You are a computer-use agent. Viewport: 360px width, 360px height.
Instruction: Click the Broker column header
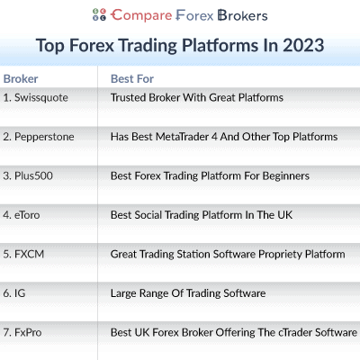point(21,78)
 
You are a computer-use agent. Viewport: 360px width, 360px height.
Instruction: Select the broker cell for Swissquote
point(36,97)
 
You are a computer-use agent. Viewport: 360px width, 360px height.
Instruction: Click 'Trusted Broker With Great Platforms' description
point(196,97)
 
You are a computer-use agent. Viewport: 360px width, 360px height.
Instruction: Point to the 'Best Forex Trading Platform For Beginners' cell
point(209,175)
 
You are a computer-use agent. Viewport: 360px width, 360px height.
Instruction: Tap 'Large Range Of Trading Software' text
point(187,293)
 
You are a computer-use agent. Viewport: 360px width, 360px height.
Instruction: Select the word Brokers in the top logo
point(235,15)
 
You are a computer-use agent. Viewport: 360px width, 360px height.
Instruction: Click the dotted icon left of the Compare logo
point(99,15)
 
